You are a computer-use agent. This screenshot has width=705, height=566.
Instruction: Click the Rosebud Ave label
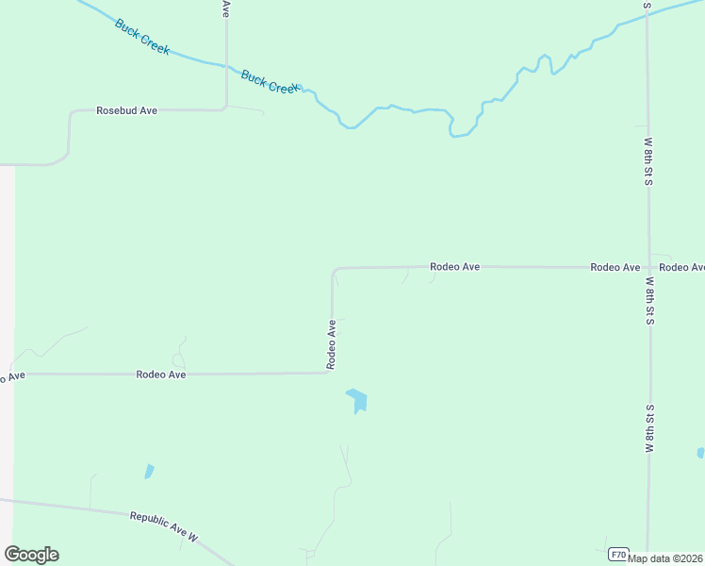[x=126, y=110]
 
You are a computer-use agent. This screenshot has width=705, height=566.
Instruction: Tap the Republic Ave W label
[x=164, y=524]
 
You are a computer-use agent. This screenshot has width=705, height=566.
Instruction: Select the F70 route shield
[x=618, y=553]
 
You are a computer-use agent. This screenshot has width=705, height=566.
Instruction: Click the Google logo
[x=31, y=555]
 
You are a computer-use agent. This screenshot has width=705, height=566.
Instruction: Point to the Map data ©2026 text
[x=665, y=558]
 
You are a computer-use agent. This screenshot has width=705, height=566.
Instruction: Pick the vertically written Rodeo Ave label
[x=332, y=343]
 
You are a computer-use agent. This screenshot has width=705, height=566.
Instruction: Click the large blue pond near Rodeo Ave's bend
[x=357, y=400]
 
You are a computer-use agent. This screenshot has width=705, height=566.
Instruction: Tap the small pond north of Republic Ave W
[x=149, y=471]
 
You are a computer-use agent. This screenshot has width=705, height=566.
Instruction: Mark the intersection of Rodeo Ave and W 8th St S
[x=648, y=267]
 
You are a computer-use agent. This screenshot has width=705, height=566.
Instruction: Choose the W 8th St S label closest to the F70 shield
[x=649, y=430]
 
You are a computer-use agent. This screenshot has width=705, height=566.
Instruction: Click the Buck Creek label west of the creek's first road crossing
[x=142, y=37]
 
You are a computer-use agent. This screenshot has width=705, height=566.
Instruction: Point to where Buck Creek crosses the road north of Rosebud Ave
[x=226, y=66]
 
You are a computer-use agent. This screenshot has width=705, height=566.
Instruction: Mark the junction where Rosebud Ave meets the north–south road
[x=226, y=108]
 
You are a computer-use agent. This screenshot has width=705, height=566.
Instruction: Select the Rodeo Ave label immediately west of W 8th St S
[x=615, y=267]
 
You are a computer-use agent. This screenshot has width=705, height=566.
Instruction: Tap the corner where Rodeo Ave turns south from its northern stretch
[x=334, y=270]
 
